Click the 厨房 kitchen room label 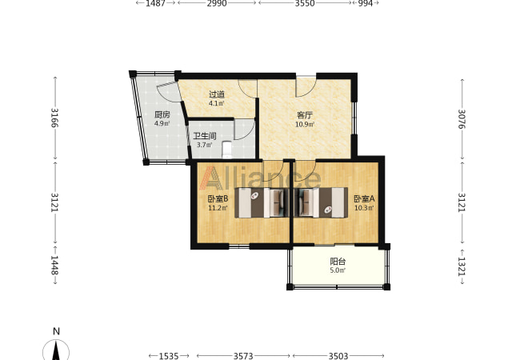point(162,115)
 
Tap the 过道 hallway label point(217,95)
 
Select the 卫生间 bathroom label point(205,136)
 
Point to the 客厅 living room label point(305,115)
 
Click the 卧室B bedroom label point(218,199)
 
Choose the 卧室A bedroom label point(364,199)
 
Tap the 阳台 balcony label point(338,262)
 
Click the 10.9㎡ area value point(305,125)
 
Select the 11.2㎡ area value point(218,208)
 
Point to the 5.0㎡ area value point(338,270)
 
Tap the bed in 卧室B point(259,202)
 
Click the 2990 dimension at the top point(217,3)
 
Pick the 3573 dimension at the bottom point(243,356)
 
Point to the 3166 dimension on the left point(54,118)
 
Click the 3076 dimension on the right point(462,119)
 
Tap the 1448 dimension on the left point(54,265)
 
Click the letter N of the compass point(56,331)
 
